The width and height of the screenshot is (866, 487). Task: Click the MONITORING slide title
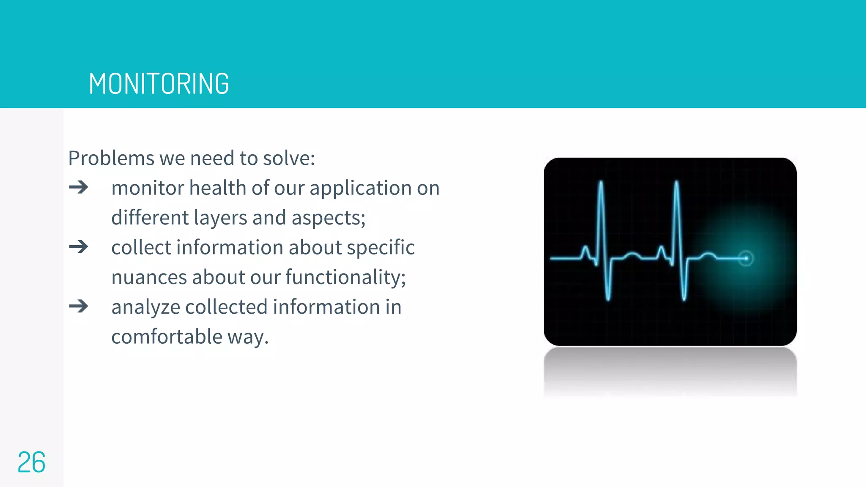(159, 84)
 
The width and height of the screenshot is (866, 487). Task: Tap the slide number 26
(31, 462)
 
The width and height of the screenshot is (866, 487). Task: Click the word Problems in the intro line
(111, 159)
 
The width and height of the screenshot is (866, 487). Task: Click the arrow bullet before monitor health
(79, 187)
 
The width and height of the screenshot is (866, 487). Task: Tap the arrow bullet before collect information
(79, 247)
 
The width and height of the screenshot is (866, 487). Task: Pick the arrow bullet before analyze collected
(79, 306)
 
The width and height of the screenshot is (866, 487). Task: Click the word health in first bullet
(217, 188)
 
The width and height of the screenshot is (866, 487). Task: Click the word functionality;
(345, 278)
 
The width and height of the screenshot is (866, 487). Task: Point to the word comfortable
(167, 337)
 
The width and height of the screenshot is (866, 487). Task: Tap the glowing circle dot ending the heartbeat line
(746, 258)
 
